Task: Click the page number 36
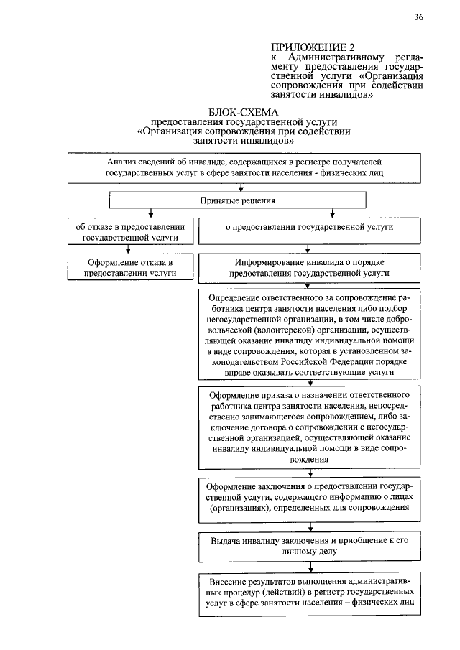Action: pyautogui.click(x=418, y=18)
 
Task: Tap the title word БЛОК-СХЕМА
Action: pyautogui.click(x=243, y=113)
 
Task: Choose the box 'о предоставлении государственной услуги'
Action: pyautogui.click(x=309, y=226)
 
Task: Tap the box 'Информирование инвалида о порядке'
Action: pyautogui.click(x=309, y=268)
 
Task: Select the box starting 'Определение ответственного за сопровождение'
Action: pyautogui.click(x=309, y=335)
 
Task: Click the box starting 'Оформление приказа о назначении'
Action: pyautogui.click(x=309, y=427)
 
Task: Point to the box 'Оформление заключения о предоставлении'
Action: pyautogui.click(x=309, y=496)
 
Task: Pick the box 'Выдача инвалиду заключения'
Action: pyautogui.click(x=309, y=545)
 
